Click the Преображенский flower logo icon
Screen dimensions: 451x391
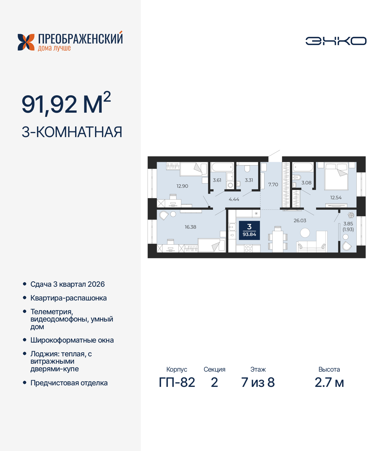(x=26, y=42)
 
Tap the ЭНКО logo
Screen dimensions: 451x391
(x=336, y=41)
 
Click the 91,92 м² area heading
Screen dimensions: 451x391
(x=66, y=104)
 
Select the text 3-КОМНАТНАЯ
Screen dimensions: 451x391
(x=72, y=132)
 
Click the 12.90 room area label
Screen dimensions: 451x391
(x=182, y=186)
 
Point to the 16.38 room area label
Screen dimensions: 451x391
(x=190, y=227)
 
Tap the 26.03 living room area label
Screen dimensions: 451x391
(x=300, y=220)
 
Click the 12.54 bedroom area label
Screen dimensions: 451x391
(x=336, y=198)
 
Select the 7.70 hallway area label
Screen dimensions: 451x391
(x=273, y=184)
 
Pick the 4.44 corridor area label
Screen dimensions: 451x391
(x=234, y=199)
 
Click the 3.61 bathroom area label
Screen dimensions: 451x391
(x=217, y=180)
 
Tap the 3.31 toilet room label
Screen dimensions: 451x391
(x=249, y=180)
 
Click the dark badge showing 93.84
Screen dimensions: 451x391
(x=249, y=230)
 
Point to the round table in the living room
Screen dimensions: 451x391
(x=305, y=233)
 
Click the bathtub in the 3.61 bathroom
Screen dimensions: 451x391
(x=222, y=167)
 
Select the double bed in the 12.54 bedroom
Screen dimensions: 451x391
(x=336, y=176)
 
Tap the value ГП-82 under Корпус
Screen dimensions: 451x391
(x=177, y=382)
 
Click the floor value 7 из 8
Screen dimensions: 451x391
(x=258, y=382)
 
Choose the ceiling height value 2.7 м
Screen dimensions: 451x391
(x=329, y=382)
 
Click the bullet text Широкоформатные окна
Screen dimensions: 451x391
(x=72, y=340)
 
